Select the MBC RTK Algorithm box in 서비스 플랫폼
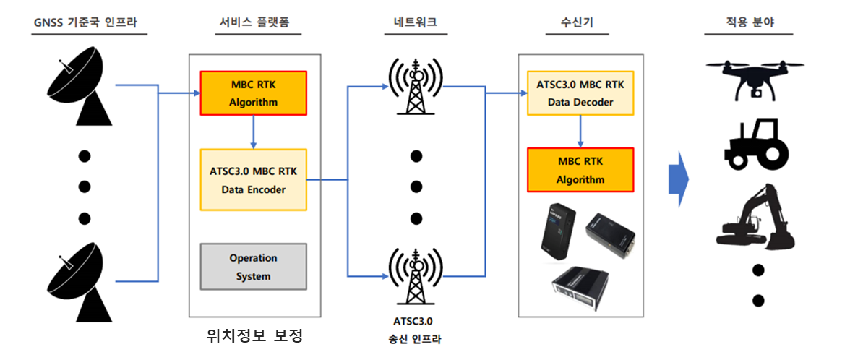(x=253, y=93)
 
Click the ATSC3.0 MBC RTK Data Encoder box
(x=253, y=180)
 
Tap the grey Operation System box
(x=253, y=267)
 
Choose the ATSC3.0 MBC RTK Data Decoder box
(x=580, y=93)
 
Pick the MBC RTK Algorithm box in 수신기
(x=580, y=170)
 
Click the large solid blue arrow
(x=678, y=179)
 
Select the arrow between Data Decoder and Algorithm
(x=580, y=132)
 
